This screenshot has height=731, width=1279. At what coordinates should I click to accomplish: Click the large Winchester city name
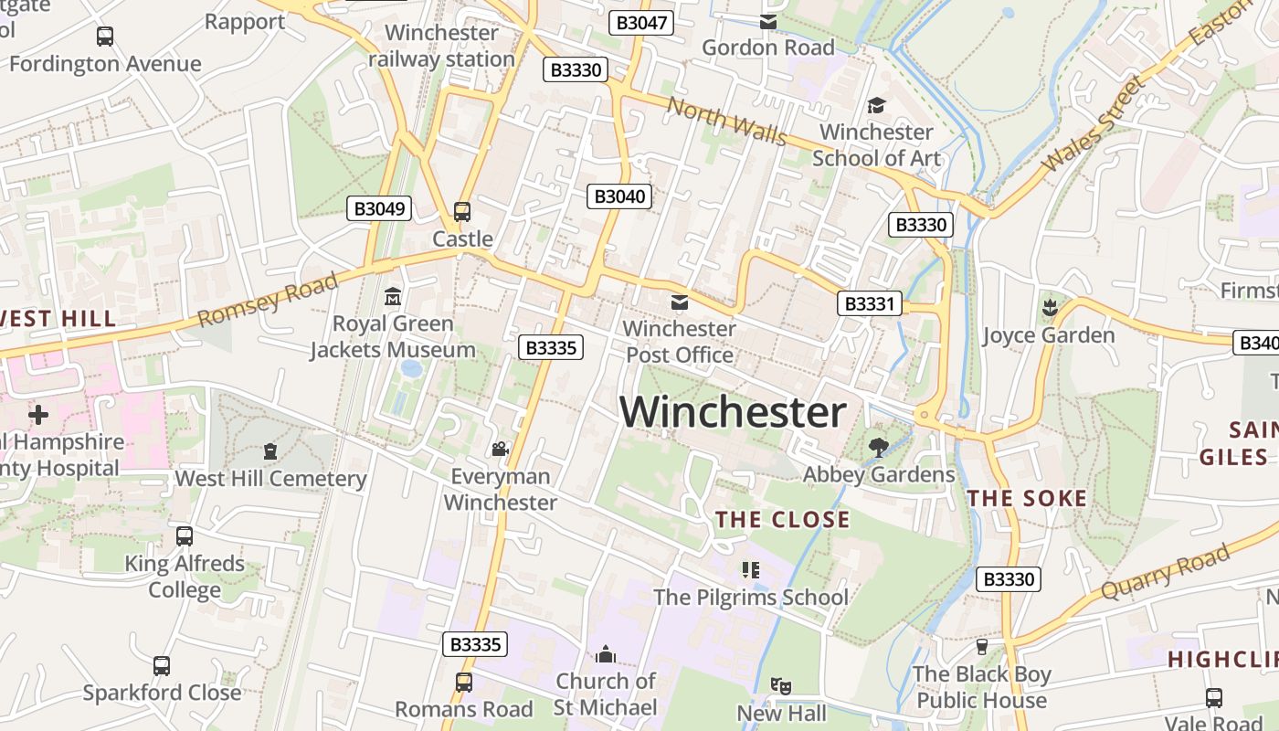733,412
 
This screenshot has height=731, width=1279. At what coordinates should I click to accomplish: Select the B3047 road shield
641,23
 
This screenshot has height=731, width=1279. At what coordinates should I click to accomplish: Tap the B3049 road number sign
379,208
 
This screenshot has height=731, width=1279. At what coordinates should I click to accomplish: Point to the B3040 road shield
619,196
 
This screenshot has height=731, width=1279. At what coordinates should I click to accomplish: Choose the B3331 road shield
869,303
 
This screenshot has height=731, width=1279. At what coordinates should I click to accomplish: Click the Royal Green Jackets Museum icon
393,296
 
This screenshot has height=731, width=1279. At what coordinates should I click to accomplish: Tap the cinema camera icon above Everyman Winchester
500,449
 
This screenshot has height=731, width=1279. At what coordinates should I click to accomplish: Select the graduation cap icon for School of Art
876,105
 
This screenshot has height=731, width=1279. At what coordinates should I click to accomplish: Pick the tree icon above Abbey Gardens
879,447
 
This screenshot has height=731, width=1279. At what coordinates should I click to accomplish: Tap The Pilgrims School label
750,598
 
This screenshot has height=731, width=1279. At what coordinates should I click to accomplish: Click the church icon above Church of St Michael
605,654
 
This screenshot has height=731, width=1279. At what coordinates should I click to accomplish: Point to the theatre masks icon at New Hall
780,685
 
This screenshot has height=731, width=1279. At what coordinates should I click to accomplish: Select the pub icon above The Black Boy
982,646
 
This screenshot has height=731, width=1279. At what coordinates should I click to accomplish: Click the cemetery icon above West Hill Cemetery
270,450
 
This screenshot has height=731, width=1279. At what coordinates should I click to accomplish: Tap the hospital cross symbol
38,415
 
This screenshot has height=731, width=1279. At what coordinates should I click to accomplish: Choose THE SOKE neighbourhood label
1027,498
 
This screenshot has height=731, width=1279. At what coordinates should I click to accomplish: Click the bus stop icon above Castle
462,212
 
